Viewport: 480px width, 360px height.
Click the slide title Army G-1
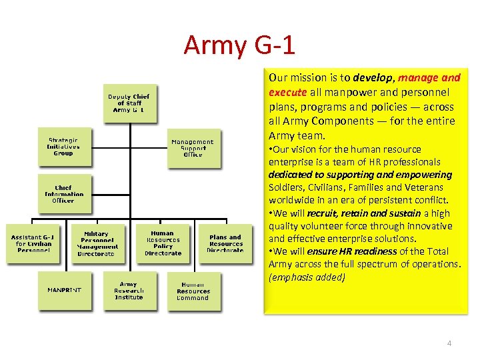pyautogui.click(x=239, y=45)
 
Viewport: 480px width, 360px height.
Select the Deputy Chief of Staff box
pyautogui.click(x=129, y=103)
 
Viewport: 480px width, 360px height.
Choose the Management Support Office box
pyautogui.click(x=193, y=148)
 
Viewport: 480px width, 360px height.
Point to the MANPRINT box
pyautogui.click(x=65, y=291)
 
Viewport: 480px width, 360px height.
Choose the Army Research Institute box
pyautogui.click(x=129, y=291)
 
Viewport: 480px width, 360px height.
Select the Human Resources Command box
pyautogui.click(x=193, y=291)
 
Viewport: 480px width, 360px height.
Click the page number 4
pyautogui.click(x=449, y=343)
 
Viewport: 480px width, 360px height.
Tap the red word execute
pyautogui.click(x=287, y=92)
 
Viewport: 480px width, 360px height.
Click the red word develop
pyautogui.click(x=373, y=77)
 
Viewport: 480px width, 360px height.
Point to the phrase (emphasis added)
pyautogui.click(x=307, y=277)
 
